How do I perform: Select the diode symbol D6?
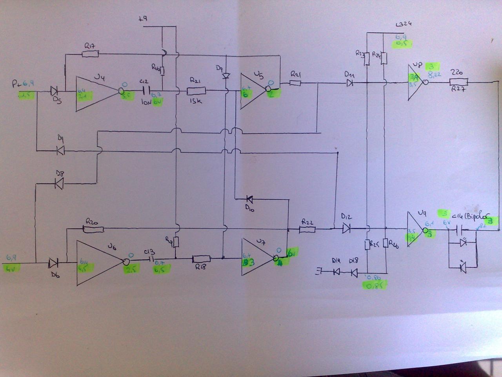pos(54,262)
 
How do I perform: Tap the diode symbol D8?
pos(59,183)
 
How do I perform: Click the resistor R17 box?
pos(91,53)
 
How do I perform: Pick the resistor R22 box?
pos(307,229)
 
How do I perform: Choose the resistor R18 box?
pos(201,259)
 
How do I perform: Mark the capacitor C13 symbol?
pos(151,260)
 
